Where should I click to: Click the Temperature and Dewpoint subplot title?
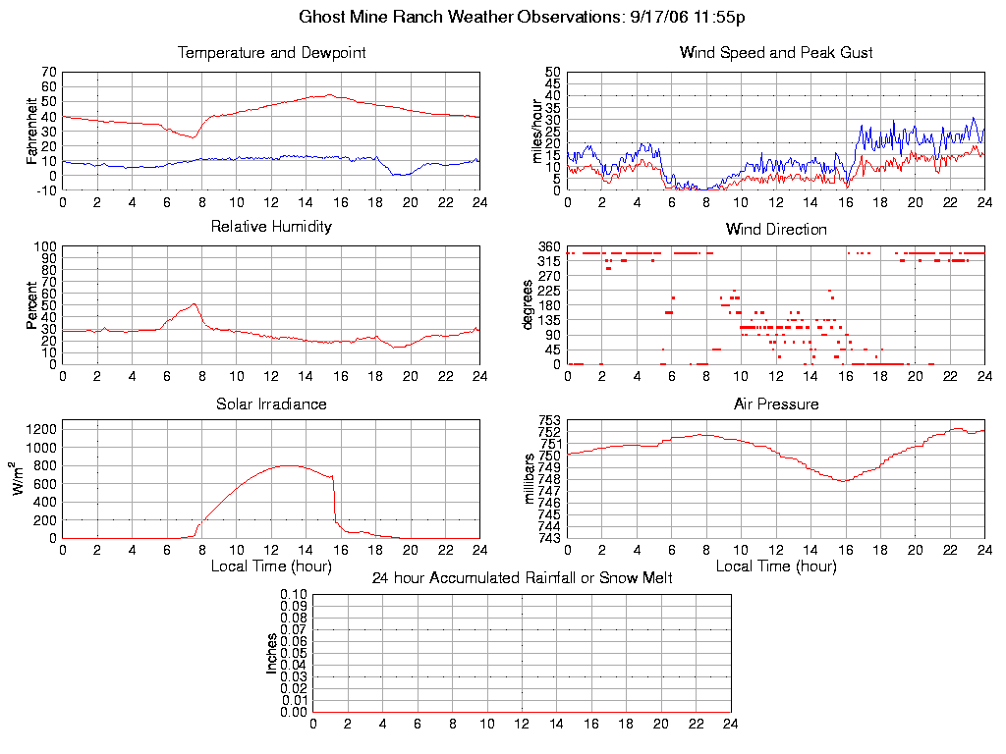pyautogui.click(x=271, y=52)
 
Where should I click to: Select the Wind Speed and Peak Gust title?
pyautogui.click(x=776, y=52)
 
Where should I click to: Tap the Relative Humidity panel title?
pyautogui.click(x=271, y=227)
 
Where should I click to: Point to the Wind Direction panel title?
pyautogui.click(x=776, y=229)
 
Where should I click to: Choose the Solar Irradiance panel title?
pyautogui.click(x=271, y=404)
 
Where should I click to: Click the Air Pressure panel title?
pyautogui.click(x=776, y=404)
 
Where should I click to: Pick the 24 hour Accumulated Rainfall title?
pyautogui.click(x=522, y=578)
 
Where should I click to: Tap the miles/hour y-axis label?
pyautogui.click(x=536, y=131)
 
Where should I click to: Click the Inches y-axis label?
pyautogui.click(x=272, y=653)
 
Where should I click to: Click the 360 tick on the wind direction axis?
pyautogui.click(x=549, y=246)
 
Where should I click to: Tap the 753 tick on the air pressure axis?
pyautogui.click(x=549, y=421)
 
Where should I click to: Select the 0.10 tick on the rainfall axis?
pyautogui.click(x=294, y=595)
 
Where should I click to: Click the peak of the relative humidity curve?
pyautogui.click(x=194, y=304)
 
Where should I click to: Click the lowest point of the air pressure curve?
pyautogui.click(x=843, y=480)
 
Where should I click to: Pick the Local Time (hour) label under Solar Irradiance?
pyautogui.click(x=271, y=565)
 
